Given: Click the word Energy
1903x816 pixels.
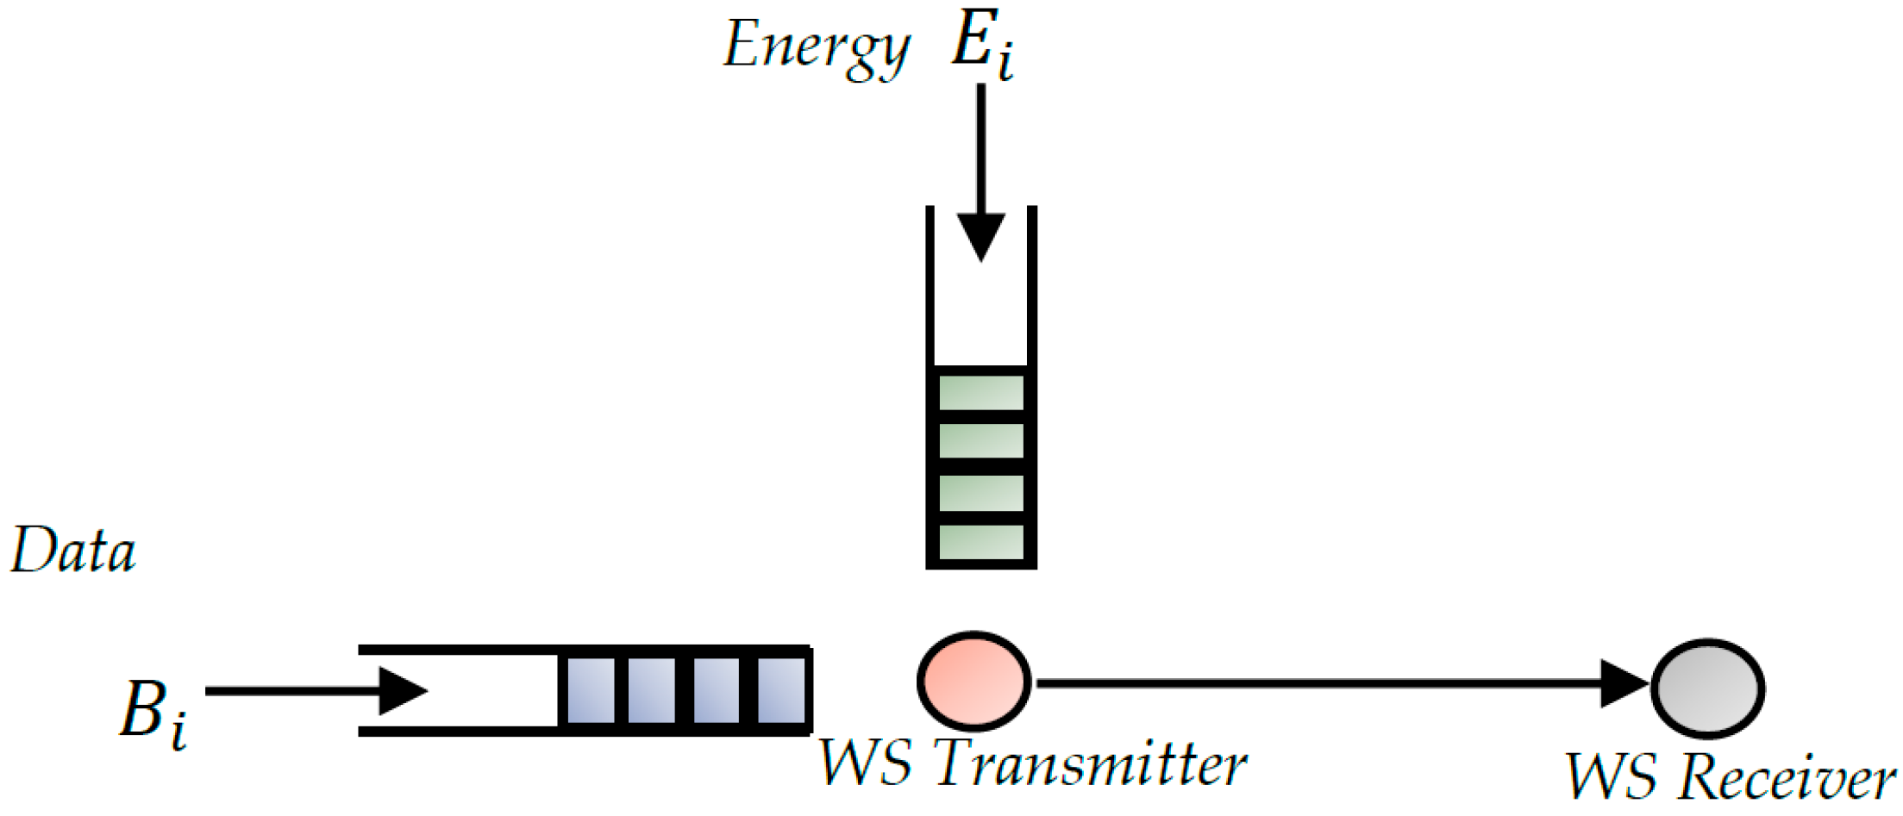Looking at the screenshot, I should click(816, 47).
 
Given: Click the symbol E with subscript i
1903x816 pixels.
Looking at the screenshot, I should click(981, 45).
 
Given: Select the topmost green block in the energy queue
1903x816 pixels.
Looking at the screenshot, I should click(981, 392).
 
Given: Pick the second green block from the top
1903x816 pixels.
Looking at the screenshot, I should click(981, 442).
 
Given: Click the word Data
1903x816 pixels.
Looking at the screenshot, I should click(73, 551).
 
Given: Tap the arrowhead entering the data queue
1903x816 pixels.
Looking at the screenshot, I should click(404, 690).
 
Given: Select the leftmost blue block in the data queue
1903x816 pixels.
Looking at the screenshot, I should click(590, 690).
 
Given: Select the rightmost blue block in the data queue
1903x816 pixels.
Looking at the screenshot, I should click(781, 690).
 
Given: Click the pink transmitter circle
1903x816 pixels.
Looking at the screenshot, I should click(973, 681).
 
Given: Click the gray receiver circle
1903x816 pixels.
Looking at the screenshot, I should click(1707, 688).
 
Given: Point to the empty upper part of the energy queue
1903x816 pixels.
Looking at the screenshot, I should click(981, 310).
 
